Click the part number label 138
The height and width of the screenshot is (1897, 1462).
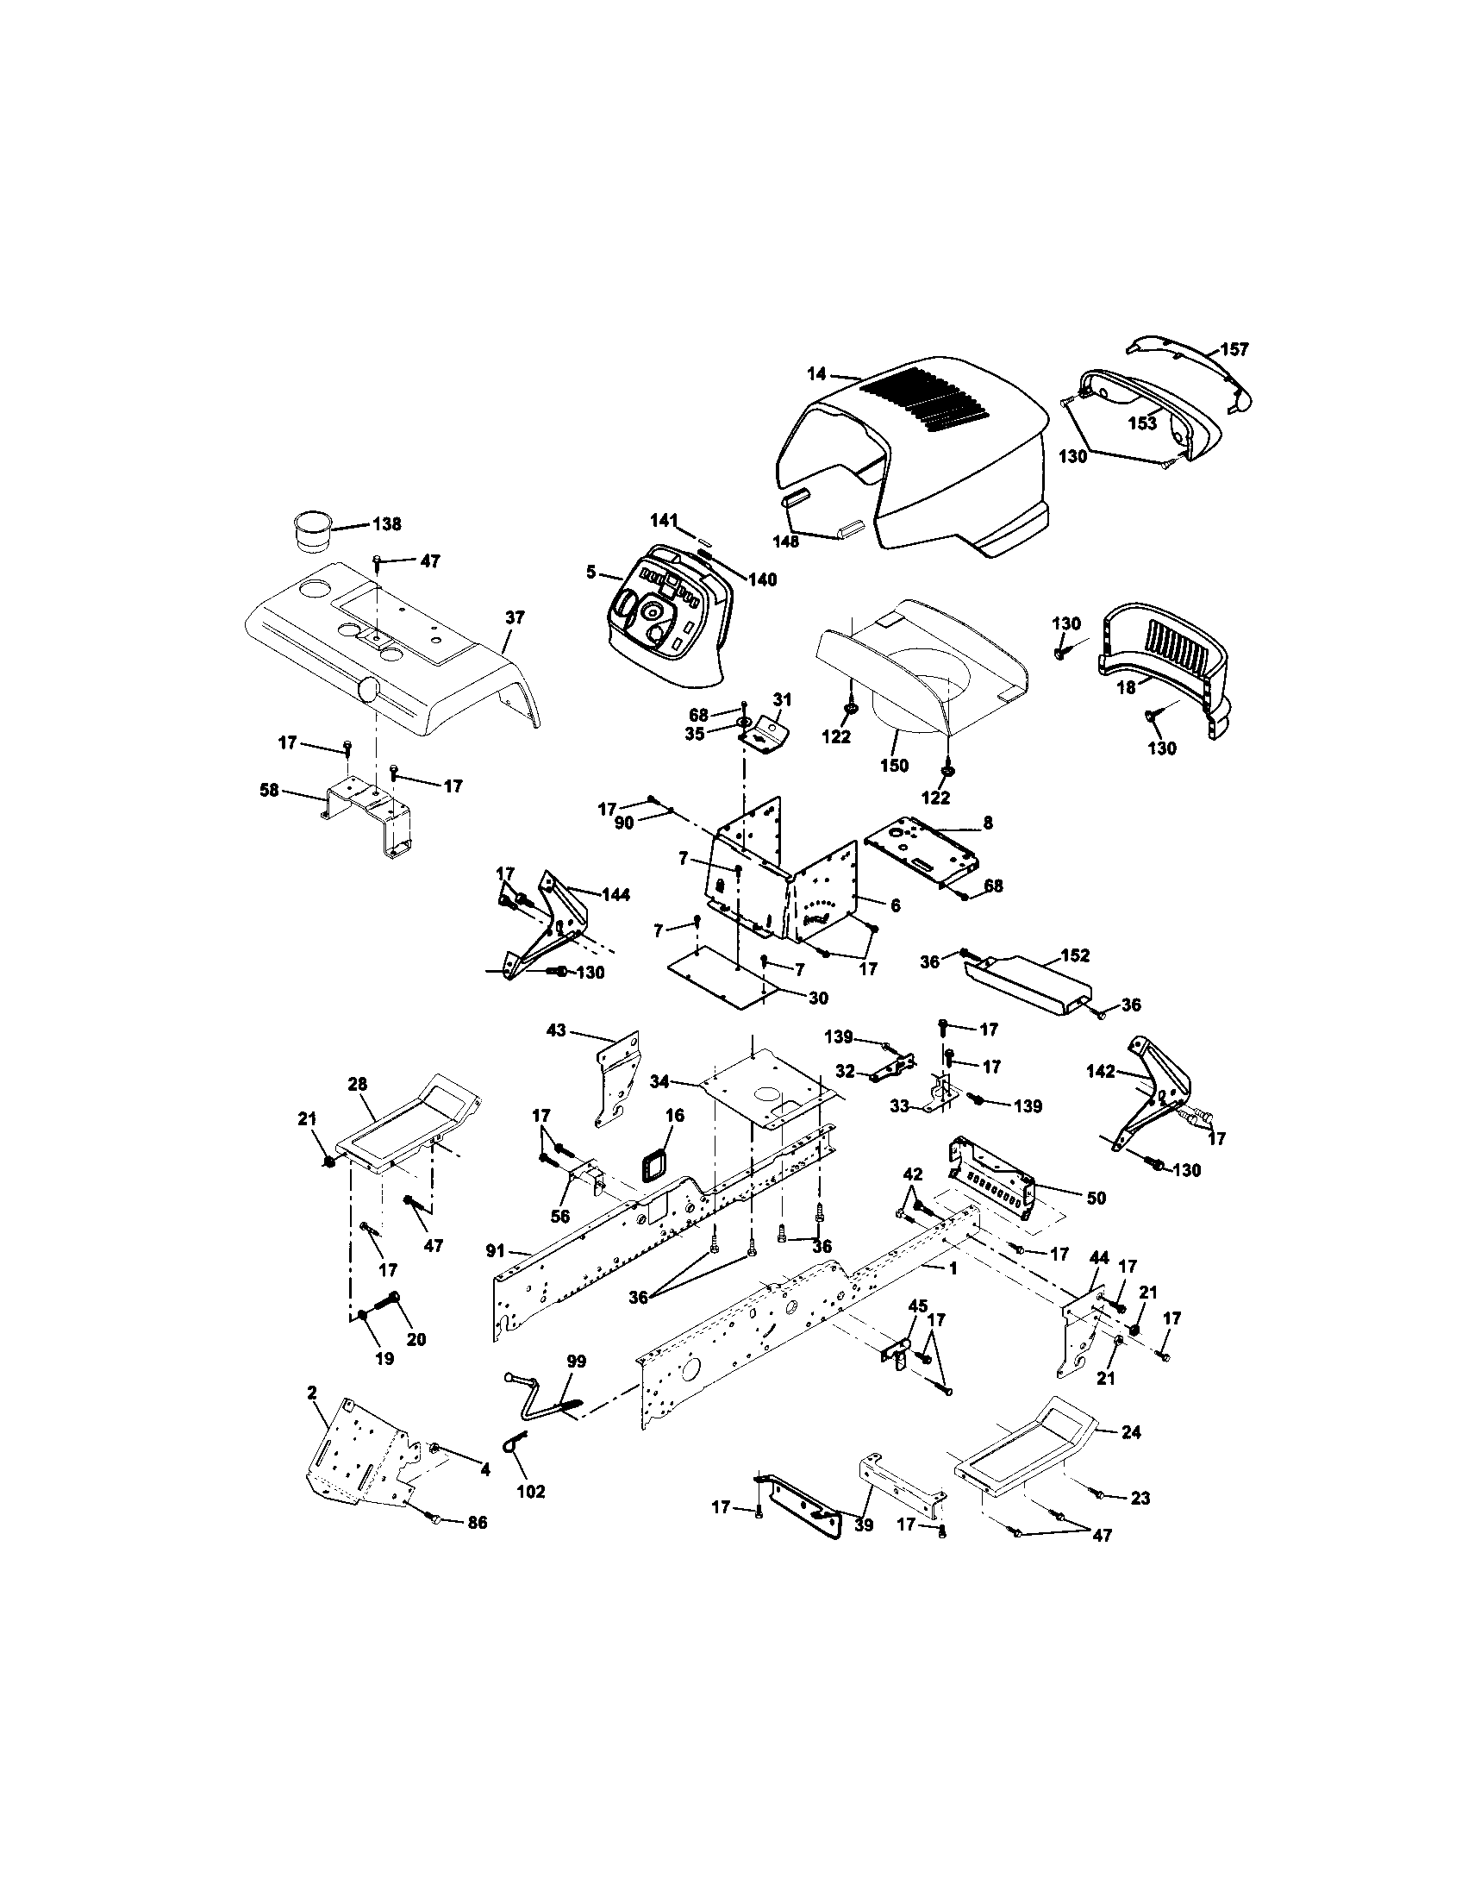pyautogui.click(x=386, y=523)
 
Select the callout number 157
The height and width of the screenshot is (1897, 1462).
pyautogui.click(x=1234, y=349)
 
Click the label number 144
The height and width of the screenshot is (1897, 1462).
pyautogui.click(x=615, y=894)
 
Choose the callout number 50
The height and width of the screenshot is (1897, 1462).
pyautogui.click(x=1096, y=1198)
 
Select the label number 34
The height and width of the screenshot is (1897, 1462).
pyautogui.click(x=684, y=1081)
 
